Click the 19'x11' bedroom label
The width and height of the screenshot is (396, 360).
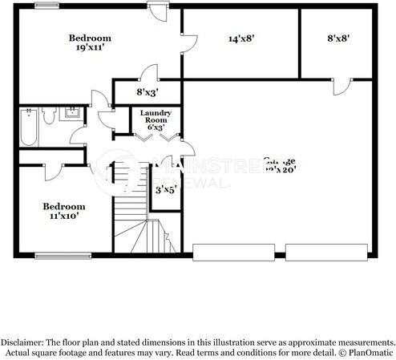(x=90, y=42)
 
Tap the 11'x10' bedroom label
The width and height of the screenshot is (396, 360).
(x=64, y=211)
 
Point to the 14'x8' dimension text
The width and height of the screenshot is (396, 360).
(x=241, y=38)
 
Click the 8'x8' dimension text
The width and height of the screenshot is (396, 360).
(x=338, y=38)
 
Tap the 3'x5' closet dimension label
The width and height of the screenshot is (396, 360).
(x=165, y=190)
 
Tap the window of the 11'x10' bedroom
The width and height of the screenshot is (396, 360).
(x=62, y=257)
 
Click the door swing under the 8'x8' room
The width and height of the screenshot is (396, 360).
(x=342, y=86)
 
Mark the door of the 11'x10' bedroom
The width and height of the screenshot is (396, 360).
(x=50, y=171)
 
